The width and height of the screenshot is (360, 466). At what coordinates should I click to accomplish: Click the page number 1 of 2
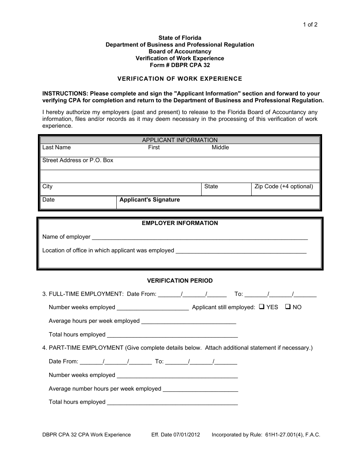pos(310,25)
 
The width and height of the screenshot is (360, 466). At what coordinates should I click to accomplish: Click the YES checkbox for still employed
pos(261,307)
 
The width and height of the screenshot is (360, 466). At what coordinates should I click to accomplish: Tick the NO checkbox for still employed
pos(288,307)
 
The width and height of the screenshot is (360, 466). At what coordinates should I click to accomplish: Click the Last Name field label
pos(56,147)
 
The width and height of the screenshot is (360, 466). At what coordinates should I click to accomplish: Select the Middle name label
pos(220,147)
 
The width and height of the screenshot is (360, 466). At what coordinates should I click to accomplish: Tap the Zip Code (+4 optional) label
pos(283,186)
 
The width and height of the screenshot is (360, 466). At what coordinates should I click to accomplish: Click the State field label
pos(211,186)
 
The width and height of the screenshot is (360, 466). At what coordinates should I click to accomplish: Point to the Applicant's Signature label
pos(149,200)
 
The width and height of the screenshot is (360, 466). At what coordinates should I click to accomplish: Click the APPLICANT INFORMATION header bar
pos(180,140)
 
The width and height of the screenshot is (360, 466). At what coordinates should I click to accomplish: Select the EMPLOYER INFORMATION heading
pos(180,223)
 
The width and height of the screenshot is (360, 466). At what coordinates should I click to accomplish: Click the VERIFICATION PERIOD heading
pos(180,281)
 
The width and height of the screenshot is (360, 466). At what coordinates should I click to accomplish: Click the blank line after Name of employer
pos(200,238)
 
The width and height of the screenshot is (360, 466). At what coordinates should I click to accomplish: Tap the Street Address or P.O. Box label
pos(78,160)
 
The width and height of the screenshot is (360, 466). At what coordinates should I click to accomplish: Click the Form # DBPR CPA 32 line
pos(180,65)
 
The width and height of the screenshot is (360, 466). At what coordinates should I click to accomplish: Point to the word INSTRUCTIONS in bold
pos(65,94)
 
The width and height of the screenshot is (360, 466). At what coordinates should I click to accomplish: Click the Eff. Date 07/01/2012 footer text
pos(175,435)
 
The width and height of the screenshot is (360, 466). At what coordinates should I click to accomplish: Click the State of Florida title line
pos(180,38)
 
